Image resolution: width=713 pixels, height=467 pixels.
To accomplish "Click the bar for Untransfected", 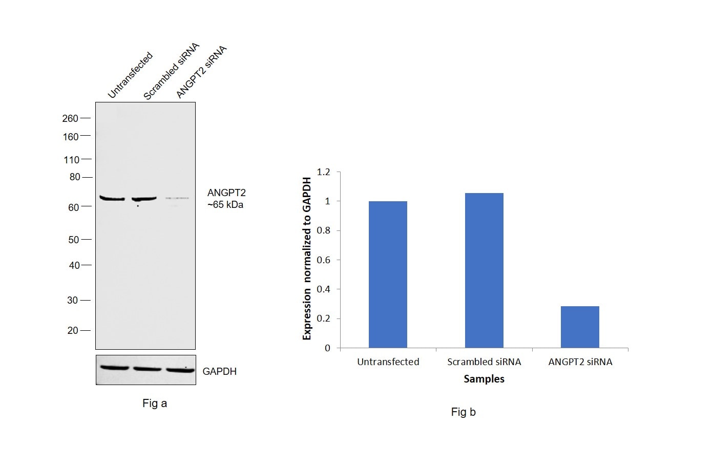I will coord(388,274).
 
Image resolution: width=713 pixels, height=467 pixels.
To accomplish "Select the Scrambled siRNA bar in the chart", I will coord(484,270).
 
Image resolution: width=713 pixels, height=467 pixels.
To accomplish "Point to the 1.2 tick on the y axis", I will coord(324,172).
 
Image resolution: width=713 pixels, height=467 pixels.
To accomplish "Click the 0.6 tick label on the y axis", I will coord(324,260).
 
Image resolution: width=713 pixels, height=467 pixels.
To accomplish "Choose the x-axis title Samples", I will coord(484,379).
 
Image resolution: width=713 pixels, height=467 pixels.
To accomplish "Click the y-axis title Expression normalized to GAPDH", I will coord(307,259).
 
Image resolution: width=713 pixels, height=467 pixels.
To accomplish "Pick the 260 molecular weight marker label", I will coord(70,118).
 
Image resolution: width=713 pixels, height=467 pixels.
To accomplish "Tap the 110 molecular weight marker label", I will coord(71,160).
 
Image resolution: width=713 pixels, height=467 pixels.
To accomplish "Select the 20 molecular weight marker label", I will coord(73,330).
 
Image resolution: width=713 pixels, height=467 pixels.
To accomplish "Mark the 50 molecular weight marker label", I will coord(74,240).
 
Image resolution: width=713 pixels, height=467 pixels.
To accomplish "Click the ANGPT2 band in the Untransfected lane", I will coord(112,198).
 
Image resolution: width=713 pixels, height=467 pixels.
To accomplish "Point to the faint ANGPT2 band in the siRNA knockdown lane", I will coord(177,198).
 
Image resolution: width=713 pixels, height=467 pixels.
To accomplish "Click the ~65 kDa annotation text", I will coord(225,205).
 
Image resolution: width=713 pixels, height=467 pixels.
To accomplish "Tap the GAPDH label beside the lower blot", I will coord(220,371).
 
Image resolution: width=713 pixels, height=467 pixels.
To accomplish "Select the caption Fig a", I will coord(155,404).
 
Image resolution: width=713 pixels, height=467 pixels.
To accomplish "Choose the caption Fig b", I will coord(464,412).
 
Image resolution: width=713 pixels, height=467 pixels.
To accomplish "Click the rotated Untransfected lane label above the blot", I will coord(130,75).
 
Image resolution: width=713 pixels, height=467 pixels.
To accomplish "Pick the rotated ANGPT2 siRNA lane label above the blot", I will coord(201,72).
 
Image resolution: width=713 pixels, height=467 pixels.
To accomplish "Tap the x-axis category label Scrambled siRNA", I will coord(484,362).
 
